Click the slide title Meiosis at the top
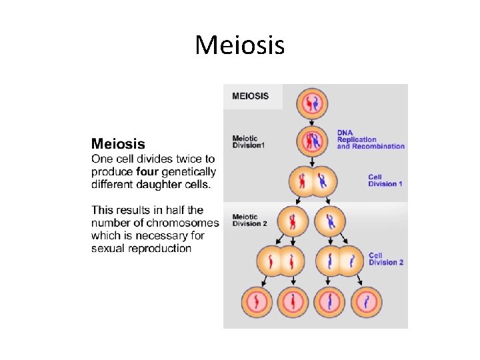[x=240, y=45]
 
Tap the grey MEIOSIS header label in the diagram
[x=251, y=96]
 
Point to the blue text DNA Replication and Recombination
[x=371, y=139]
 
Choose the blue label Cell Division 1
[x=385, y=180]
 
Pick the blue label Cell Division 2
[x=386, y=259]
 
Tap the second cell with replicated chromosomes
[x=313, y=141]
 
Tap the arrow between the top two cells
[x=313, y=121]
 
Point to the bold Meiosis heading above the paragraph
[x=118, y=143]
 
